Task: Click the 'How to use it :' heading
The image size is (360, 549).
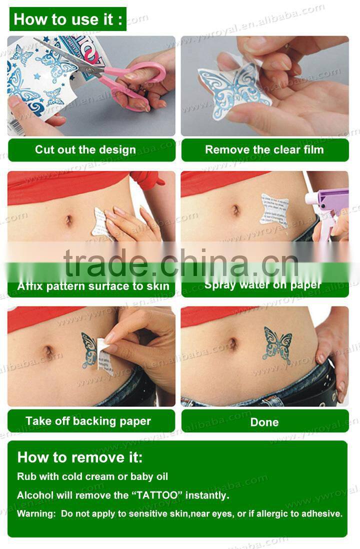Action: point(67,19)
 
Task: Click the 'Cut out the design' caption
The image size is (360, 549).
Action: point(85,149)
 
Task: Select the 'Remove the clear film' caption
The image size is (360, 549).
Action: point(264,149)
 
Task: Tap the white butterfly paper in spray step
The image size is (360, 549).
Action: point(274,210)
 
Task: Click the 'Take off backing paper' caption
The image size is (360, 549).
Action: point(88,421)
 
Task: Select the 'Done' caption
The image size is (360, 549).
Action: point(264,422)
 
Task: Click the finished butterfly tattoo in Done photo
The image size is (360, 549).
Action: point(277,345)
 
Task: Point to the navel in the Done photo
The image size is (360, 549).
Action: point(233,343)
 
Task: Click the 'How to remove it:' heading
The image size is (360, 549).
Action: point(80,457)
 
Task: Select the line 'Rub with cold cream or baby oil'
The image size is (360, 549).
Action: point(92,476)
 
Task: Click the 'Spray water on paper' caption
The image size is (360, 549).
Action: point(263,285)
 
